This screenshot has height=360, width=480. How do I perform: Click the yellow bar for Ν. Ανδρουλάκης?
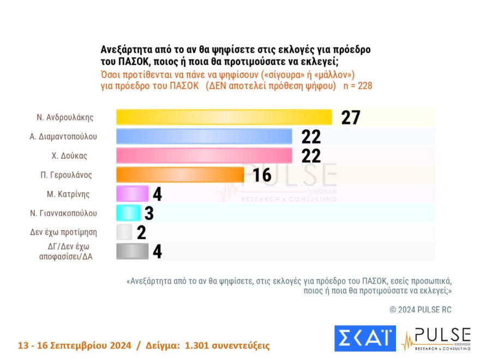point(224,117)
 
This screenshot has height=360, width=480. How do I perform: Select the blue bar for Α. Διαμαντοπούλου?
point(205,136)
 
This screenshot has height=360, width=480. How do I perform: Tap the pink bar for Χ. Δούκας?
point(205,155)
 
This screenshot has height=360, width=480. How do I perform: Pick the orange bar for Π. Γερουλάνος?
point(180,175)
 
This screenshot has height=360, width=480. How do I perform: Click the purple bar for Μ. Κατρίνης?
point(132,194)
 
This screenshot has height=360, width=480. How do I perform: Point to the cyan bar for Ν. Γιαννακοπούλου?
point(129,213)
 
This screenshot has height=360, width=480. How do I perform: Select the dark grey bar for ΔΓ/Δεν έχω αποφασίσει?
point(132,251)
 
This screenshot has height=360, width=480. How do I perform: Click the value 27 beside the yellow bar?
point(351,117)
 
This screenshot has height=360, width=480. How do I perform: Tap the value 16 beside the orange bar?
point(262,175)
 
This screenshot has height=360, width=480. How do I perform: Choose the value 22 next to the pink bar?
point(311,155)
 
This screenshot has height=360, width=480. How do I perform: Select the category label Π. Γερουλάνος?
point(68,175)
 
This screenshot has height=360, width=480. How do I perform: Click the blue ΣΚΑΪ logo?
point(364,339)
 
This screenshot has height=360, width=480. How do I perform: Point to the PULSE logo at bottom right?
point(436,339)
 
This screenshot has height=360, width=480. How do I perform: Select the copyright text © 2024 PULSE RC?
point(421,310)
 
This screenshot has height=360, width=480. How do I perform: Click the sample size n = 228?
point(357,86)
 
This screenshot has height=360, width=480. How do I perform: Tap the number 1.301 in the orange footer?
point(200,346)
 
